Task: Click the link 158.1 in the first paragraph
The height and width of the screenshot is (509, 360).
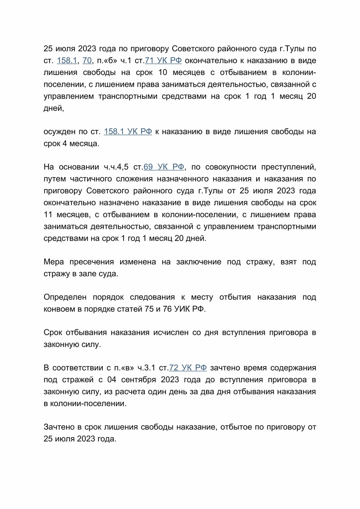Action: click(67, 61)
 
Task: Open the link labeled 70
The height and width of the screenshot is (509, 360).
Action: click(87, 61)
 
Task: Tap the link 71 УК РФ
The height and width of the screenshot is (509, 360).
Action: click(163, 61)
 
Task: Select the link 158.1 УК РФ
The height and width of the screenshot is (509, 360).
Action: click(128, 132)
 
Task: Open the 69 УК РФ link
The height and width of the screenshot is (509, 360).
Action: click(164, 167)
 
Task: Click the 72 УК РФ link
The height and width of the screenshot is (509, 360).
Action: click(188, 368)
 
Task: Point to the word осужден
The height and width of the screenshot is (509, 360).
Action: click(59, 132)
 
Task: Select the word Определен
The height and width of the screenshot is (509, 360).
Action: click(65, 297)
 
